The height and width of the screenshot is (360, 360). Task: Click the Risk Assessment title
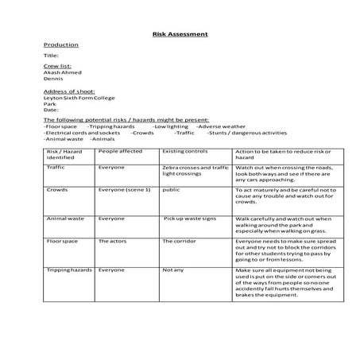coord(180,34)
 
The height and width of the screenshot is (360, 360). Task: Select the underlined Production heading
coord(61,45)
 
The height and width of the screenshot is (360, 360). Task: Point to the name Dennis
coord(54,79)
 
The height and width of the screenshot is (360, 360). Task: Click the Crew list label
coord(57,66)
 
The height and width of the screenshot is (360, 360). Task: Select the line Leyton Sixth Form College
coord(79,98)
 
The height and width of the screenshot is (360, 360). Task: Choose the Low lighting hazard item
coord(171,126)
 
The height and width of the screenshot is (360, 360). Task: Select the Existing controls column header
coord(184,150)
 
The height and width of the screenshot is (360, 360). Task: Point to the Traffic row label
coord(56,168)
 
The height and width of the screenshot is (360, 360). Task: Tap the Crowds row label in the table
coord(56,191)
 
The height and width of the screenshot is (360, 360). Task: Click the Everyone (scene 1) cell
coord(124,191)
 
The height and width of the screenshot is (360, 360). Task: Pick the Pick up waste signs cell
coord(193,218)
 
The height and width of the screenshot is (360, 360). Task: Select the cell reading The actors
coord(113,240)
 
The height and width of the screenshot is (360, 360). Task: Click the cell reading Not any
coord(174,269)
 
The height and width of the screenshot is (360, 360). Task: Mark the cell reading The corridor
coord(180,240)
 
